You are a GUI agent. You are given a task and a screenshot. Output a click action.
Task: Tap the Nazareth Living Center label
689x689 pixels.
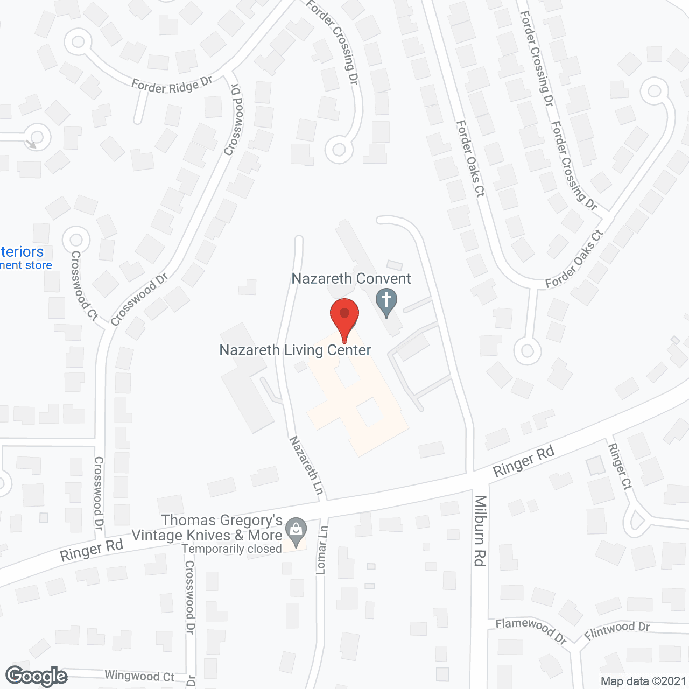coord(295,350)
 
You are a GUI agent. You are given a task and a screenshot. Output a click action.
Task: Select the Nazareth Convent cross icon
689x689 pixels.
coord(386,301)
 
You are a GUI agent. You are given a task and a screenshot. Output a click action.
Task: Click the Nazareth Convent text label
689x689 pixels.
coord(351,278)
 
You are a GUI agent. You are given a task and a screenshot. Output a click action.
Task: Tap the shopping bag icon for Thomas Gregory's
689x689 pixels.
coord(296,530)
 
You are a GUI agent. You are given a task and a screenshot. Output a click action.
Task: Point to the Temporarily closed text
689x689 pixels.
coord(231,549)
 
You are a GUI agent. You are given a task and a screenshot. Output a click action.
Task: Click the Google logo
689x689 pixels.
coord(36,676)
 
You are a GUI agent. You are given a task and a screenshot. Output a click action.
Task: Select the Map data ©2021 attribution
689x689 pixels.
coord(643,681)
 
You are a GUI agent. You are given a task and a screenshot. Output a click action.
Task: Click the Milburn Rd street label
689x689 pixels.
coord(480,530)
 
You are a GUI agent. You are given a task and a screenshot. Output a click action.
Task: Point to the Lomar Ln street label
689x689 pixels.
coord(322,549)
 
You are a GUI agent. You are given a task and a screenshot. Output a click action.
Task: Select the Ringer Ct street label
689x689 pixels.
coord(620,466)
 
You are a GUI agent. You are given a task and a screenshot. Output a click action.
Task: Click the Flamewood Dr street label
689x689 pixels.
coord(531,630)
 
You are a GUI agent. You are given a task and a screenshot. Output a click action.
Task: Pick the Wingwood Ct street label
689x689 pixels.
coord(139,676)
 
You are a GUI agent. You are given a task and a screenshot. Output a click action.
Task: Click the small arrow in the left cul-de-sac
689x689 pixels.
coord(32,143)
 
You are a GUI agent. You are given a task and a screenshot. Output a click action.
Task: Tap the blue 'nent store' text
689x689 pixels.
coord(26,265)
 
